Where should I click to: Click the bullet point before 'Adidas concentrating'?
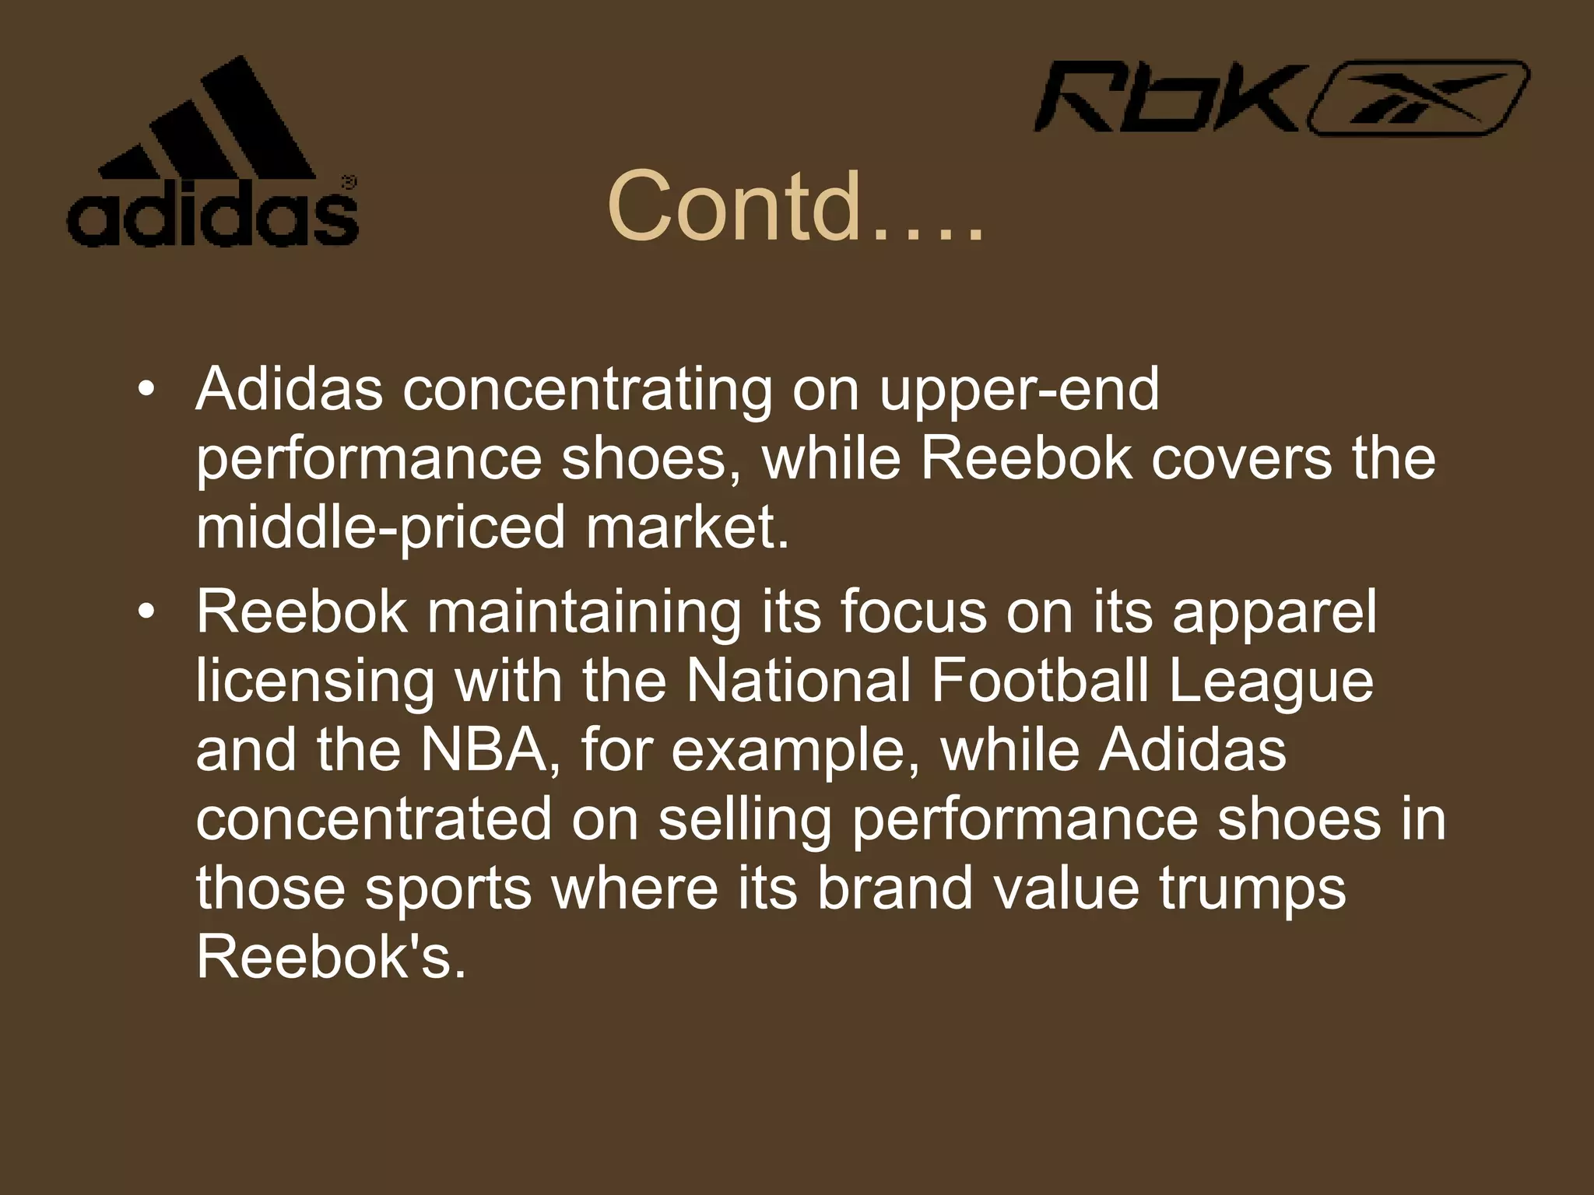click(145, 388)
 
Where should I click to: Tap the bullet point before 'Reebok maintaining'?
click(145, 612)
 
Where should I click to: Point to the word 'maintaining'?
click(584, 612)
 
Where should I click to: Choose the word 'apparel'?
click(1274, 612)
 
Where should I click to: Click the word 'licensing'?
click(314, 681)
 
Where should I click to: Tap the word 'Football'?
click(1039, 681)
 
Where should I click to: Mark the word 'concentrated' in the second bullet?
click(374, 818)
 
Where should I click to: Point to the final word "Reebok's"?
click(332, 957)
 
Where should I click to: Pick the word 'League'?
click(1271, 681)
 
